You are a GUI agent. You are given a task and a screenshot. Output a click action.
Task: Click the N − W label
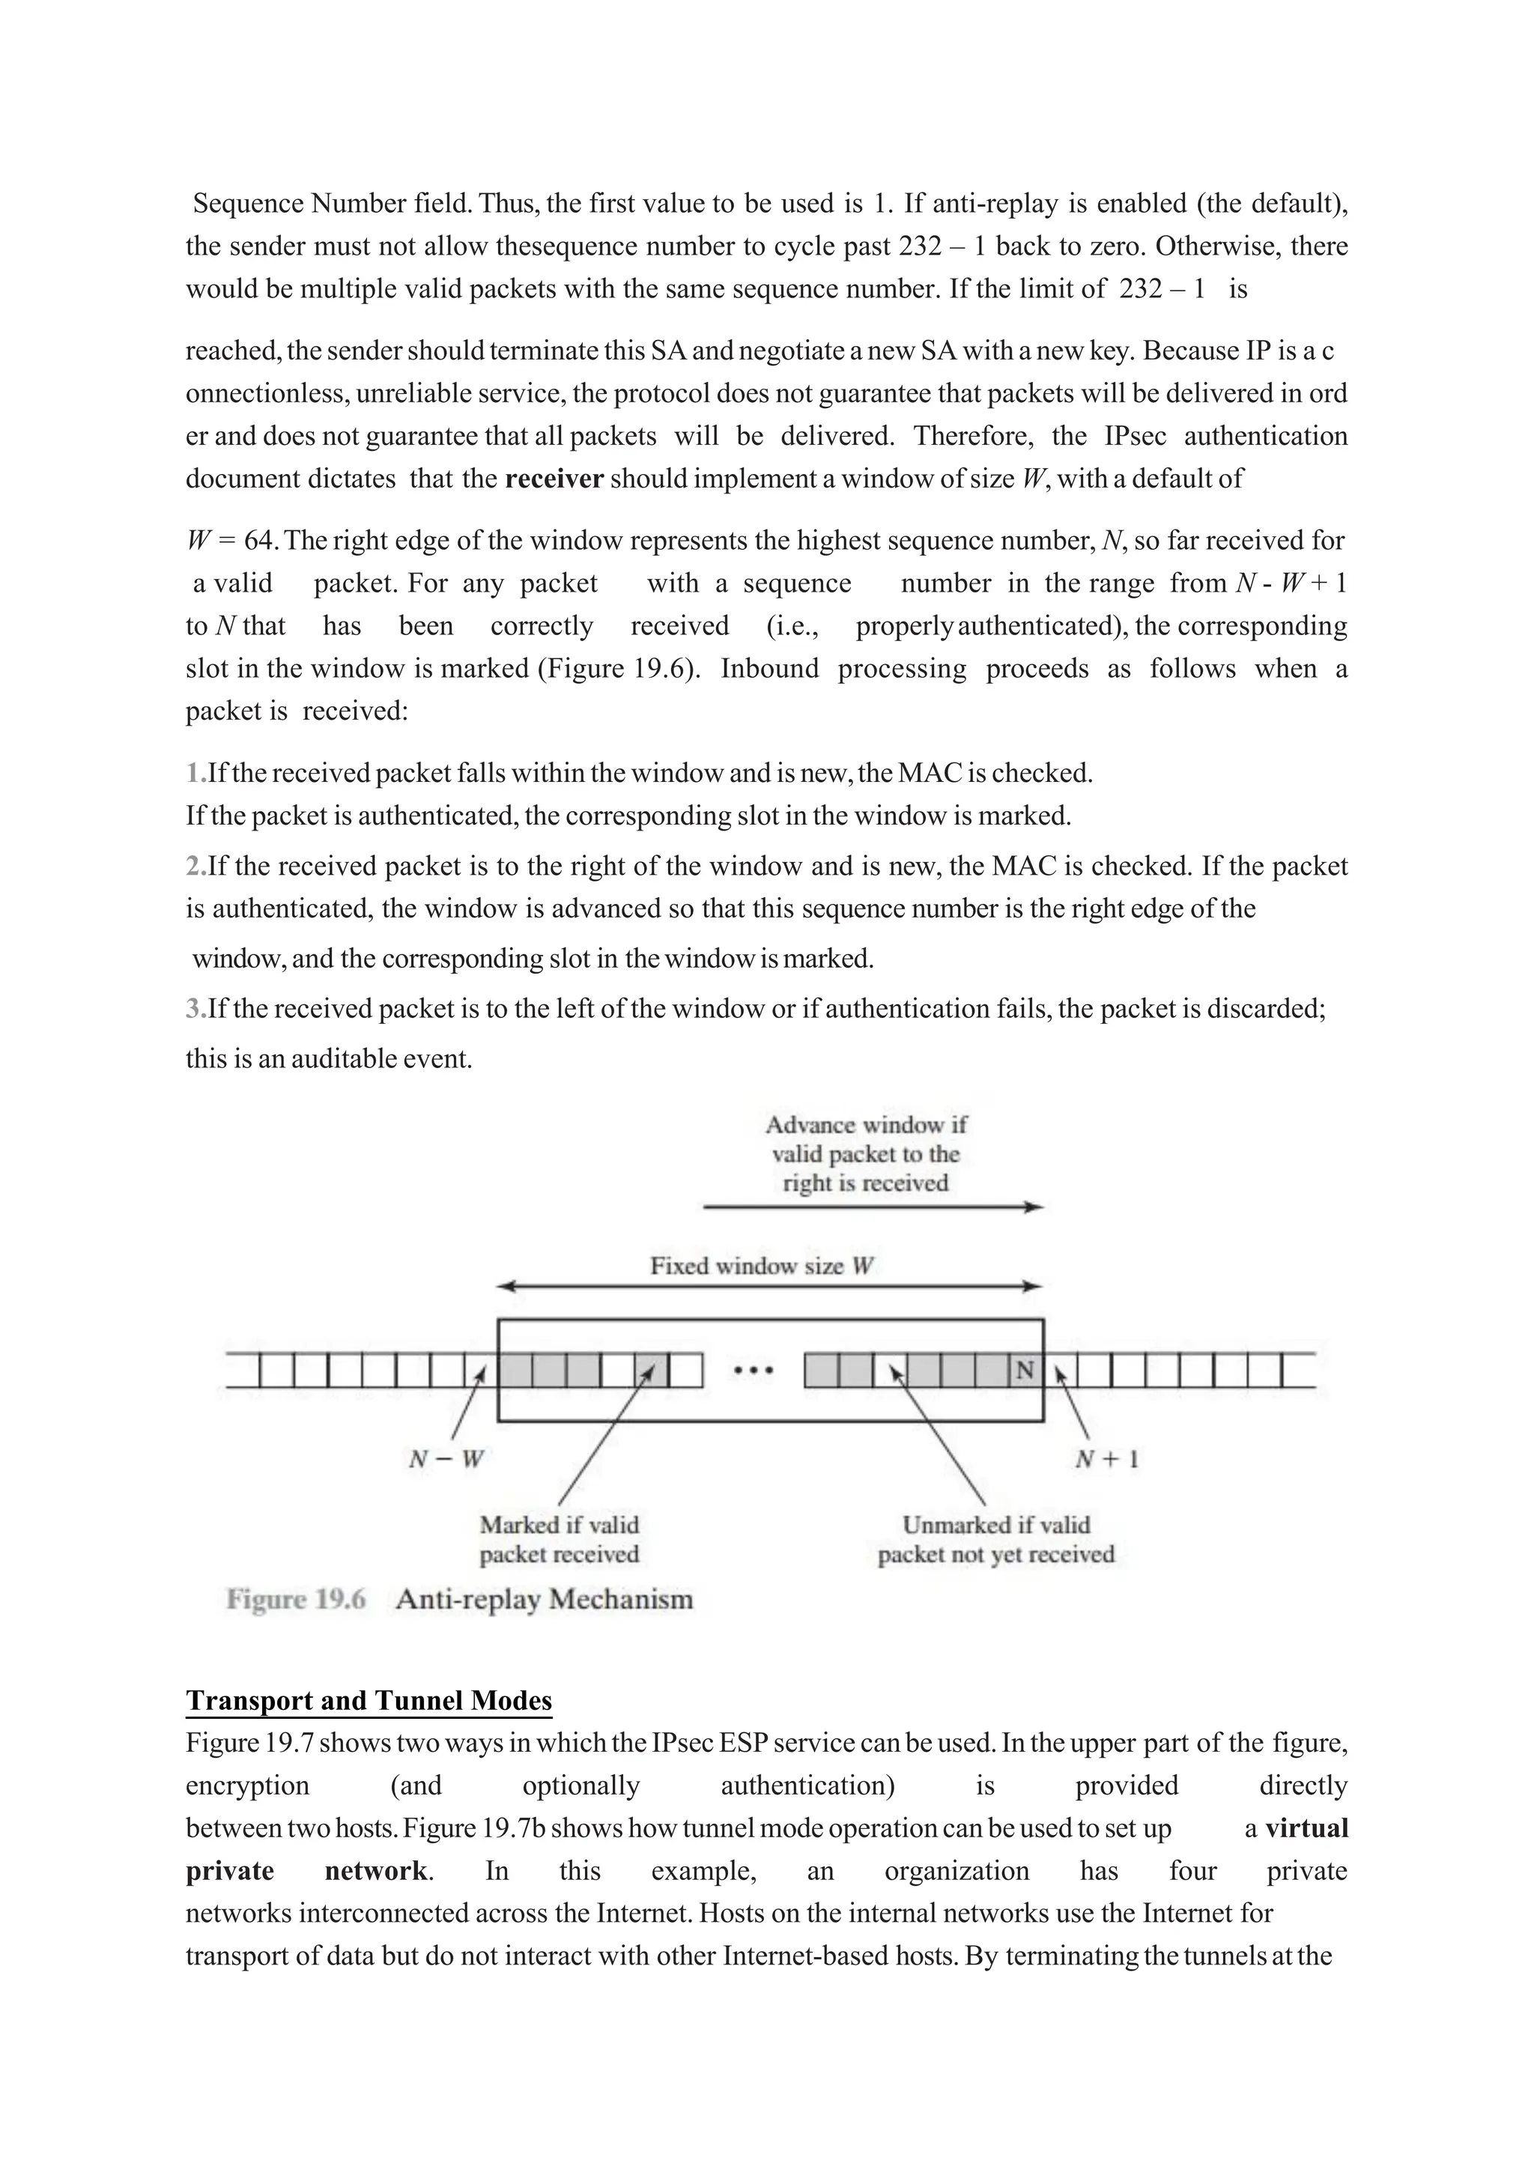(446, 1460)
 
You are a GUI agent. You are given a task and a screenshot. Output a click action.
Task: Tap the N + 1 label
(1107, 1460)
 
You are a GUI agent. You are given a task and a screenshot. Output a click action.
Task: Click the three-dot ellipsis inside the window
(754, 1370)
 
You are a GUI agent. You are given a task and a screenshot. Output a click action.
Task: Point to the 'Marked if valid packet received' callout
(560, 1540)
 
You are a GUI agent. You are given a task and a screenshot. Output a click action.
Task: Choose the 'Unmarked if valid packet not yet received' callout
(995, 1540)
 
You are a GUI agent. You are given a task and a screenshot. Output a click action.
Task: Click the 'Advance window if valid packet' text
(865, 1139)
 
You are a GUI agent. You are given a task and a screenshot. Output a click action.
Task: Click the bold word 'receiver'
(554, 479)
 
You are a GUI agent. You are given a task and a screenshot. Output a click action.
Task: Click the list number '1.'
(195, 774)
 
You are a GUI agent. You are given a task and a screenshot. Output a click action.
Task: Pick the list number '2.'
(195, 867)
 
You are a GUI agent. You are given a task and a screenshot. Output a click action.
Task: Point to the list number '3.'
(195, 1009)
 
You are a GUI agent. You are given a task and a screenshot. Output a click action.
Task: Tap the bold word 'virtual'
(1306, 1828)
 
